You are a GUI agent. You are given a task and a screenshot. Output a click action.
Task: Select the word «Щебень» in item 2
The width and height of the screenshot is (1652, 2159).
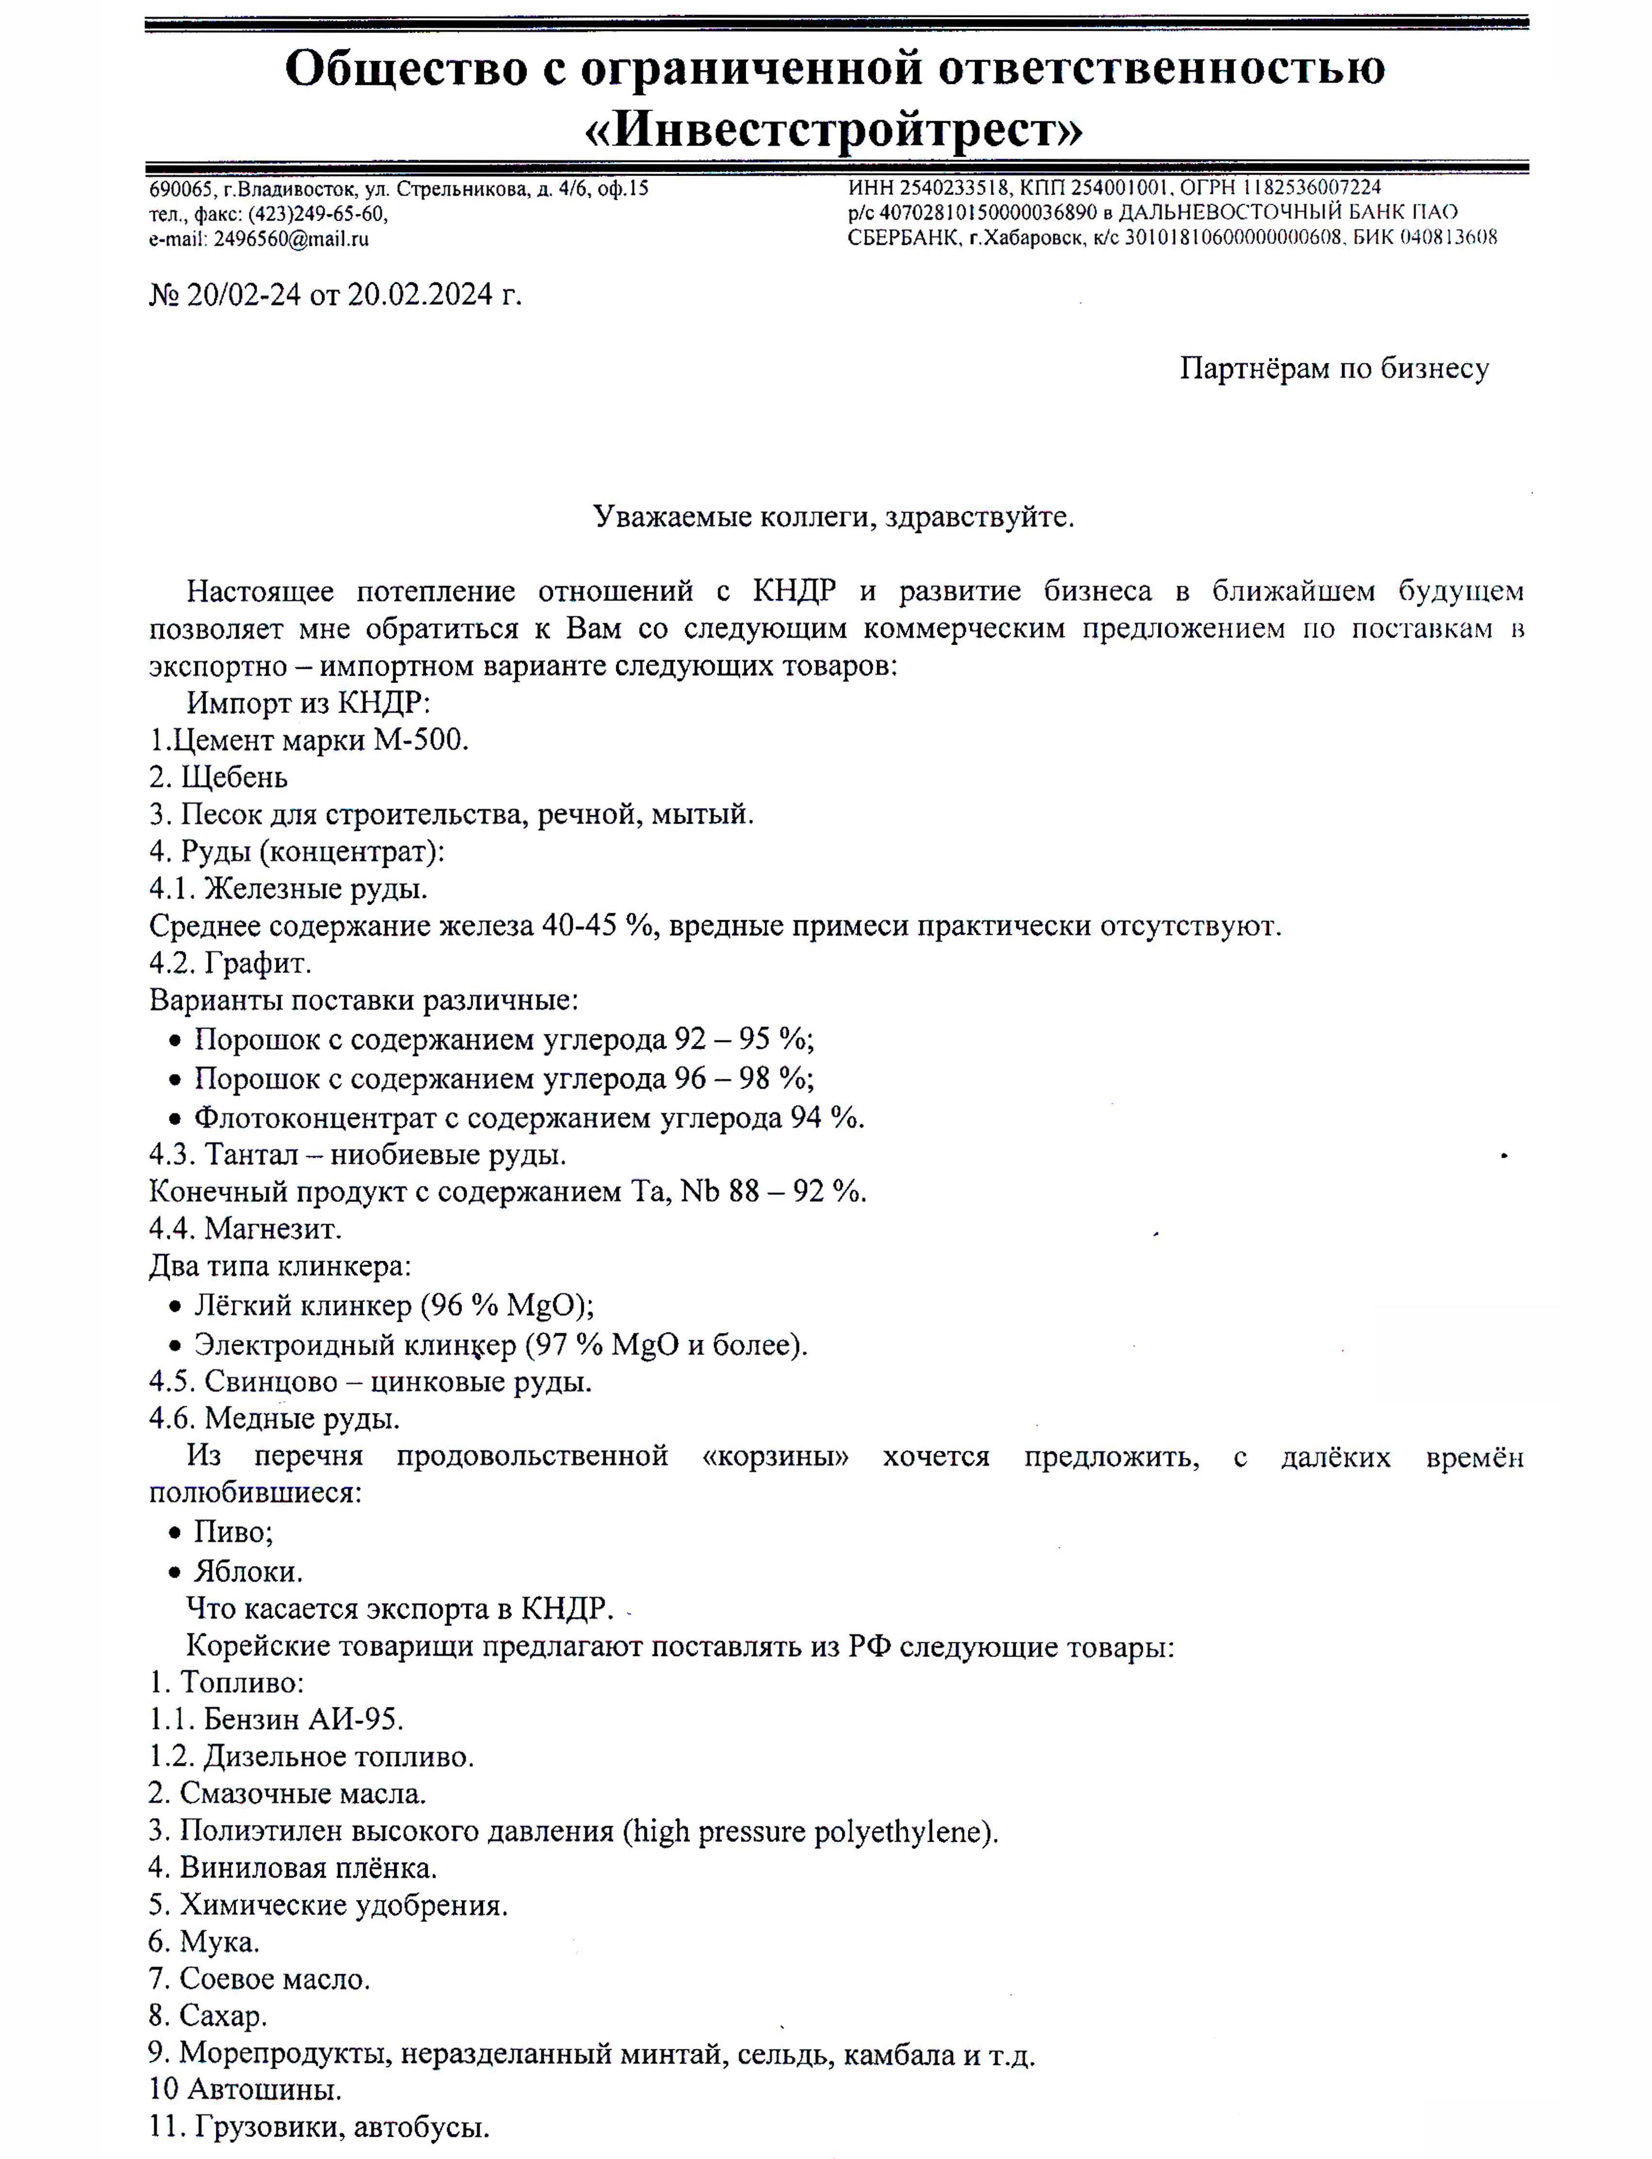(x=234, y=777)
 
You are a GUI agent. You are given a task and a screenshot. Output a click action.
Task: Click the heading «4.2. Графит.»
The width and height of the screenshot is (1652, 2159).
(x=230, y=963)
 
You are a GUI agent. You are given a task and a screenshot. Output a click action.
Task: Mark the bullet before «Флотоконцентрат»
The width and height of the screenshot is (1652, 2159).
(x=175, y=1119)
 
